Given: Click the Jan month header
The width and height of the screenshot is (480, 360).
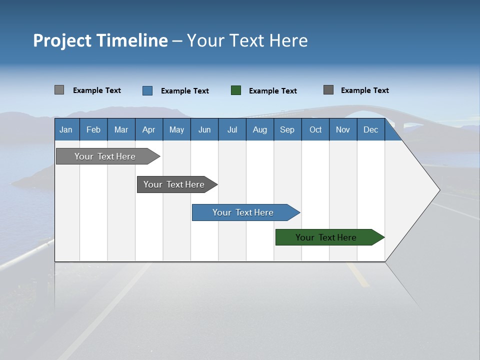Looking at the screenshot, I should (x=66, y=129).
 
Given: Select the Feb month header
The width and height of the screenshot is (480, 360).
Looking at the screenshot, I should (x=93, y=129).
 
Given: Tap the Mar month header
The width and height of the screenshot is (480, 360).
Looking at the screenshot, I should (x=121, y=129).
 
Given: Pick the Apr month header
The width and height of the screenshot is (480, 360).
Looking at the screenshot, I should (x=149, y=129).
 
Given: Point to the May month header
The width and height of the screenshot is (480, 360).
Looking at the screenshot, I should (x=176, y=129).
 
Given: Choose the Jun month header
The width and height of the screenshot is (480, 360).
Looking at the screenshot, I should (x=204, y=129).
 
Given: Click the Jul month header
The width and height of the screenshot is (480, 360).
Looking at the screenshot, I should (x=232, y=129).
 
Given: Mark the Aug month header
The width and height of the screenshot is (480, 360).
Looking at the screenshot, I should (x=260, y=129).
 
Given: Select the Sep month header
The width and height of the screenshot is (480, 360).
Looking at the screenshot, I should (x=287, y=129).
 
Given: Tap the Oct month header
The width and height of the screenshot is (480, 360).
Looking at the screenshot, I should (x=315, y=129).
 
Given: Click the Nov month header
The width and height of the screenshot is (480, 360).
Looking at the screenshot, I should (x=343, y=129).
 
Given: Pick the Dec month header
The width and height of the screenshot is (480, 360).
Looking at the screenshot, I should (x=371, y=129).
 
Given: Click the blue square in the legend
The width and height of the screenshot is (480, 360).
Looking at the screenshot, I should (x=147, y=90).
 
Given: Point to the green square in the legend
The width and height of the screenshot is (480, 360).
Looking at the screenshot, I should (x=236, y=90).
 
